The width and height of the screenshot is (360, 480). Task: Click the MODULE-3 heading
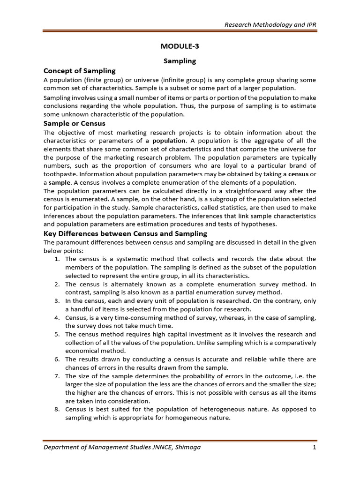(x=180, y=45)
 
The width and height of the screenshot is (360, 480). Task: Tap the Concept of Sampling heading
(x=79, y=71)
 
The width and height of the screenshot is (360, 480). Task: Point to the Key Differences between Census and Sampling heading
(x=125, y=233)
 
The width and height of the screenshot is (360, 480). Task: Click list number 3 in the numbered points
(x=56, y=301)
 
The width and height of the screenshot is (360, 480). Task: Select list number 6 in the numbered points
(x=56, y=360)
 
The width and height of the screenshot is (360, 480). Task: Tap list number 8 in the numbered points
(x=56, y=410)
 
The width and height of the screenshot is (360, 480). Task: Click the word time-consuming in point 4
(x=124, y=318)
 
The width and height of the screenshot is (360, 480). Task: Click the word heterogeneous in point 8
(x=232, y=410)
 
